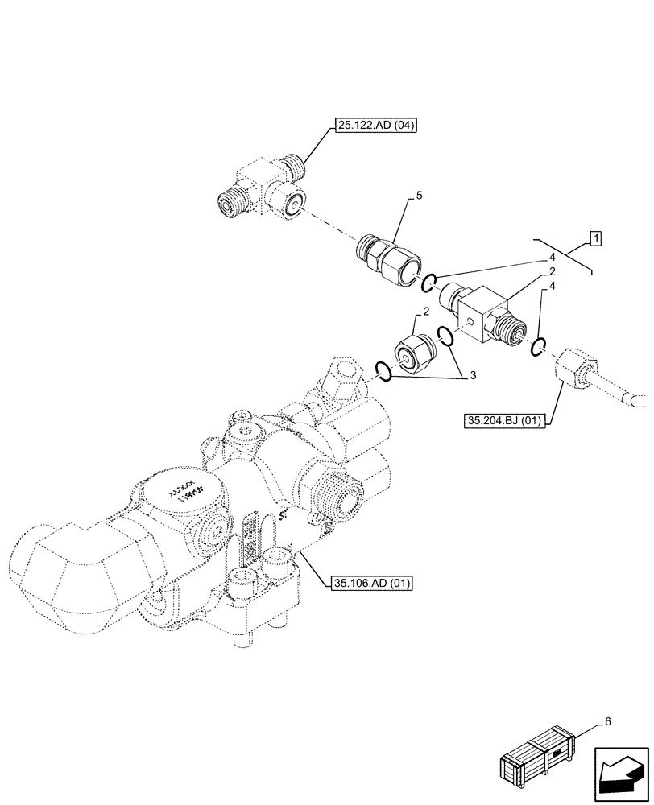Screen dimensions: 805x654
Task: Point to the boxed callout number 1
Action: pos(594,237)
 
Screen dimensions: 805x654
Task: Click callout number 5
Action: pos(419,196)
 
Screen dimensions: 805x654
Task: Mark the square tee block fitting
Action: pos(482,316)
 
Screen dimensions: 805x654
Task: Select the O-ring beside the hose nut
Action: pos(539,346)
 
